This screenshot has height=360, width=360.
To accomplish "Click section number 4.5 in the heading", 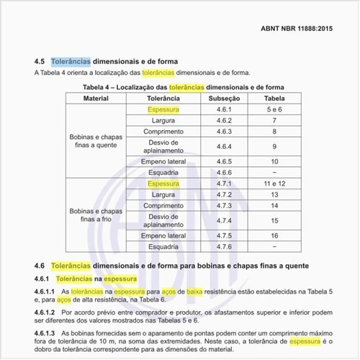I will pyautogui.click(x=40, y=62).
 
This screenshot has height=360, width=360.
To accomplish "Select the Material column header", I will pyautogui.click(x=96, y=98).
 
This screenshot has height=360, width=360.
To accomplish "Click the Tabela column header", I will pyautogui.click(x=274, y=98).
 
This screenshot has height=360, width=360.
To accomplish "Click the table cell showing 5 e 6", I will pyautogui.click(x=274, y=109).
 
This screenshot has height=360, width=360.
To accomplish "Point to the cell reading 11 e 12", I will pyautogui.click(x=274, y=184).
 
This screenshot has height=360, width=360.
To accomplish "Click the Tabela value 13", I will pyautogui.click(x=274, y=195).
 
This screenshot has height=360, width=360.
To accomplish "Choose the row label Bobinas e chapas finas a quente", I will pyautogui.click(x=96, y=140).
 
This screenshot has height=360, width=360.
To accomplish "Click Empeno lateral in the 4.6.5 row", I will pyautogui.click(x=163, y=162).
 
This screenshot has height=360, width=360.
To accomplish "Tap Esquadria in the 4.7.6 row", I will pyautogui.click(x=163, y=247).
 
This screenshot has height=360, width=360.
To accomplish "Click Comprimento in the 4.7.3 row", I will pyautogui.click(x=163, y=206).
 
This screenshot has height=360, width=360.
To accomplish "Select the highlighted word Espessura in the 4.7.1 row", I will pyautogui.click(x=163, y=184).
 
